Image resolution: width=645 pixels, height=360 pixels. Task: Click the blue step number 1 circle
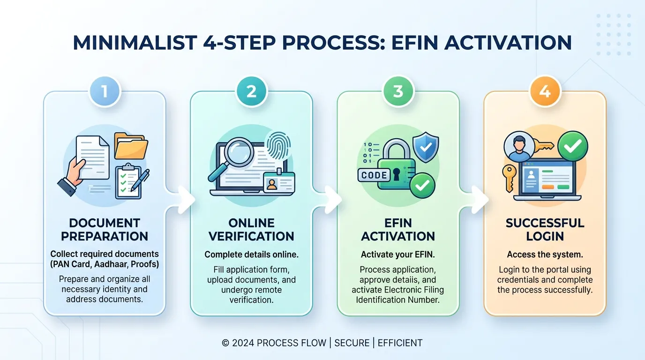coord(105,91)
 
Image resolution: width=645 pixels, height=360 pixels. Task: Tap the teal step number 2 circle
coord(251,91)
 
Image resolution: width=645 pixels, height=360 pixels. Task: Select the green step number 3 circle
coord(398,91)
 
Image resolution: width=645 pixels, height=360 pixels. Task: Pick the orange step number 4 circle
coord(545,91)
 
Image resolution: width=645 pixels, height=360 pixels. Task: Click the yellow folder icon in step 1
coord(131,146)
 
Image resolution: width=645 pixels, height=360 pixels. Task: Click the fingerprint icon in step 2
coord(278,146)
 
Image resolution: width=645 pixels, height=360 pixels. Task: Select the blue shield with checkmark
coord(426,147)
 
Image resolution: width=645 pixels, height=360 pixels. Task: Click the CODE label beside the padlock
coord(374,175)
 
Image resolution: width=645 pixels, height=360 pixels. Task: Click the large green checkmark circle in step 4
coord(573,146)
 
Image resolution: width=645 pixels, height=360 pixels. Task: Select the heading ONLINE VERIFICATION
coord(251,230)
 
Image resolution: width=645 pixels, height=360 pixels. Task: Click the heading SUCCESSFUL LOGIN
coord(545,230)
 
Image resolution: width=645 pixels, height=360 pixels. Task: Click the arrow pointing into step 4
coord(480,200)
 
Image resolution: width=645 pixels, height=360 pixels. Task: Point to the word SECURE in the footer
coord(352,343)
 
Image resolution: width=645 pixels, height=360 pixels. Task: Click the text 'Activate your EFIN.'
coord(398,255)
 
